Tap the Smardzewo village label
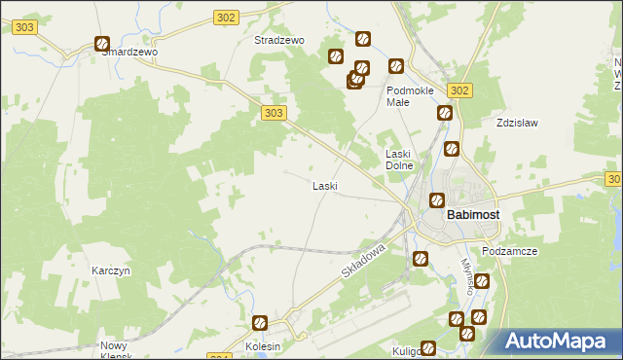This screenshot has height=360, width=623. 129,53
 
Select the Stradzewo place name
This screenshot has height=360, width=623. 279,41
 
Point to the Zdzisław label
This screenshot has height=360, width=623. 517,124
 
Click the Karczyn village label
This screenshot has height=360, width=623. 111,270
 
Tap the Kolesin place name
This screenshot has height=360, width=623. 263,346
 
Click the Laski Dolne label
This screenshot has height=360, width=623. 400,160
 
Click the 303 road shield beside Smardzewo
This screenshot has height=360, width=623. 25,28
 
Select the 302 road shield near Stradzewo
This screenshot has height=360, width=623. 226,18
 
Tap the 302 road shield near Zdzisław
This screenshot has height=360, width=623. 460,90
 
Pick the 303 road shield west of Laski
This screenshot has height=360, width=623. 274,114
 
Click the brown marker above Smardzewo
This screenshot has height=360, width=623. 102,43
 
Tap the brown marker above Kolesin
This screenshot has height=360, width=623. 260,323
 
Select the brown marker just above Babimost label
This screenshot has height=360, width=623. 437,200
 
